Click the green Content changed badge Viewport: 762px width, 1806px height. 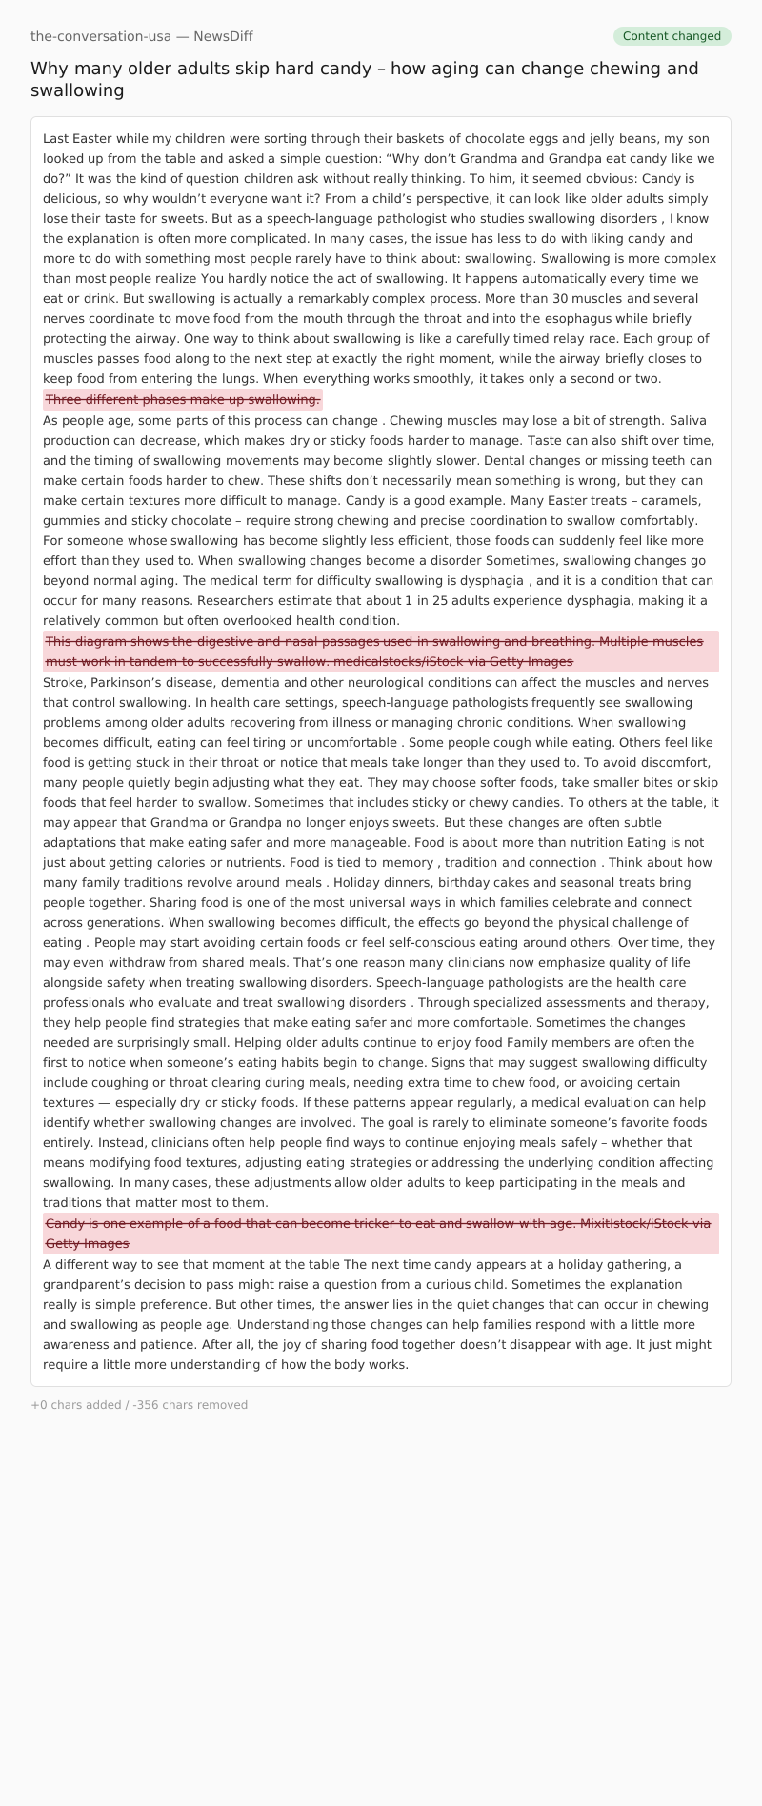(x=672, y=36)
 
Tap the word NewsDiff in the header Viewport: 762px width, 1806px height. (x=223, y=36)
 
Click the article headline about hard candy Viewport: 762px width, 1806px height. (x=365, y=79)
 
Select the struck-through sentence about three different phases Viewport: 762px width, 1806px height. (x=183, y=399)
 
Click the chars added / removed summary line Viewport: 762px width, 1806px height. (x=139, y=1405)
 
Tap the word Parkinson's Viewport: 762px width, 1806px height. (x=127, y=682)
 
